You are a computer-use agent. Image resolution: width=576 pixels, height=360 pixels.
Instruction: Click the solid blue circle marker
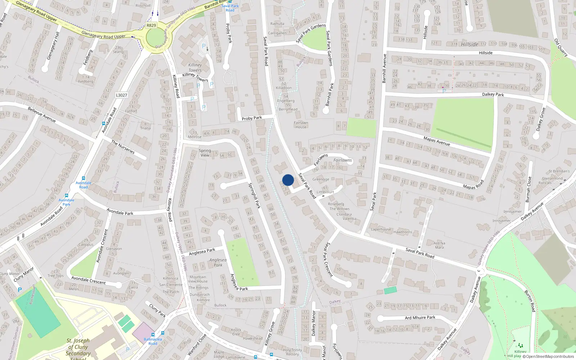pyautogui.click(x=288, y=180)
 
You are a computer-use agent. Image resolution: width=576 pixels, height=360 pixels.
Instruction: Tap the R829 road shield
pyautogui.click(x=151, y=26)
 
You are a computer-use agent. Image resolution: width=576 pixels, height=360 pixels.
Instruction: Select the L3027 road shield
pyautogui.click(x=121, y=95)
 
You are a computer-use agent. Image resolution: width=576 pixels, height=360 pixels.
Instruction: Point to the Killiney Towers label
pyautogui.click(x=195, y=68)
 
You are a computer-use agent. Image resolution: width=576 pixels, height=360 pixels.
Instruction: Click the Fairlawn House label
pyautogui.click(x=301, y=125)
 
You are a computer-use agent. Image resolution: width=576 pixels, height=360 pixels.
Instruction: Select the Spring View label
pyautogui.click(x=205, y=153)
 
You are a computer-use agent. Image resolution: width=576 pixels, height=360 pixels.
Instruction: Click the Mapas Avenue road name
pyautogui.click(x=437, y=141)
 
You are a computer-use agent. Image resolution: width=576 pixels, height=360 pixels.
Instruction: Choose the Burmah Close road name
pyautogui.click(x=528, y=189)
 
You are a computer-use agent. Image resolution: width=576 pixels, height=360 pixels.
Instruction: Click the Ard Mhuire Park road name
pyautogui.click(x=420, y=318)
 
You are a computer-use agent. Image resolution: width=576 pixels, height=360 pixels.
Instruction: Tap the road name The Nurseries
pyautogui.click(x=123, y=147)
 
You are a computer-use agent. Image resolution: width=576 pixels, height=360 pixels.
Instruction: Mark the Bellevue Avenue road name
pyautogui.click(x=42, y=114)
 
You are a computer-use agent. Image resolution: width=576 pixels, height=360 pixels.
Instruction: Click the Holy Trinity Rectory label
pyautogui.click(x=292, y=352)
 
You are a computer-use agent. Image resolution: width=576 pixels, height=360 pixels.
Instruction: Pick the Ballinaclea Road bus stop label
pyautogui.click(x=153, y=341)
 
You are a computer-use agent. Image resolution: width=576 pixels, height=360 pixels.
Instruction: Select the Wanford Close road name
pyautogui.click(x=197, y=344)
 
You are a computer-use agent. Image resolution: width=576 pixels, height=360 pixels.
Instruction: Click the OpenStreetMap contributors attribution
pyautogui.click(x=550, y=357)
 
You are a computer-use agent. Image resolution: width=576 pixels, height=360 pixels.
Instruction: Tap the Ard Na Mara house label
pyautogui.click(x=439, y=245)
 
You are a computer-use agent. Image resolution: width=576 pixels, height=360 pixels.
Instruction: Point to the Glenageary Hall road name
pyautogui.click(x=53, y=46)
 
